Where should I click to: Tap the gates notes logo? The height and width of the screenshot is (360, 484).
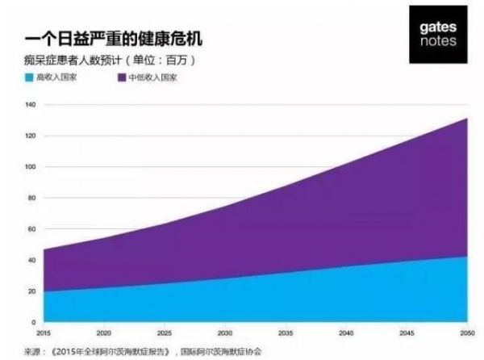coord(438,34)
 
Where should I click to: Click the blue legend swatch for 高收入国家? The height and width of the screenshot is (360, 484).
coord(29,78)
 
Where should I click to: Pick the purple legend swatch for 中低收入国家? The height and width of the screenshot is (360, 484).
coord(121,78)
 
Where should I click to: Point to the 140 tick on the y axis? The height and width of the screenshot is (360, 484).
coord(30,105)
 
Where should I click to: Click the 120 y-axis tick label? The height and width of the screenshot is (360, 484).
coord(30,136)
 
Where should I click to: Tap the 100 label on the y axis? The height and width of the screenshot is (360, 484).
coord(30,167)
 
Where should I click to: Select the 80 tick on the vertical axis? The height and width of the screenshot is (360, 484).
coord(31,199)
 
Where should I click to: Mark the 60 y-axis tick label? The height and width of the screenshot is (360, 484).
coord(31,229)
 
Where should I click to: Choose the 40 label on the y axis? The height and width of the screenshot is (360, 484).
coord(31,261)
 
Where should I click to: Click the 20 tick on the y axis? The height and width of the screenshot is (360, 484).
coord(31,291)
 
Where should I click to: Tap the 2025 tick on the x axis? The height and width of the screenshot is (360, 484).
coord(164,332)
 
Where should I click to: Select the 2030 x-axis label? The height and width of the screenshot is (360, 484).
coord(225,332)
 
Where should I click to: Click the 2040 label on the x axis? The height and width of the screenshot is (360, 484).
coord(347,332)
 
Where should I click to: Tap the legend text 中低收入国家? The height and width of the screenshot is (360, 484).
coord(152,78)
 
